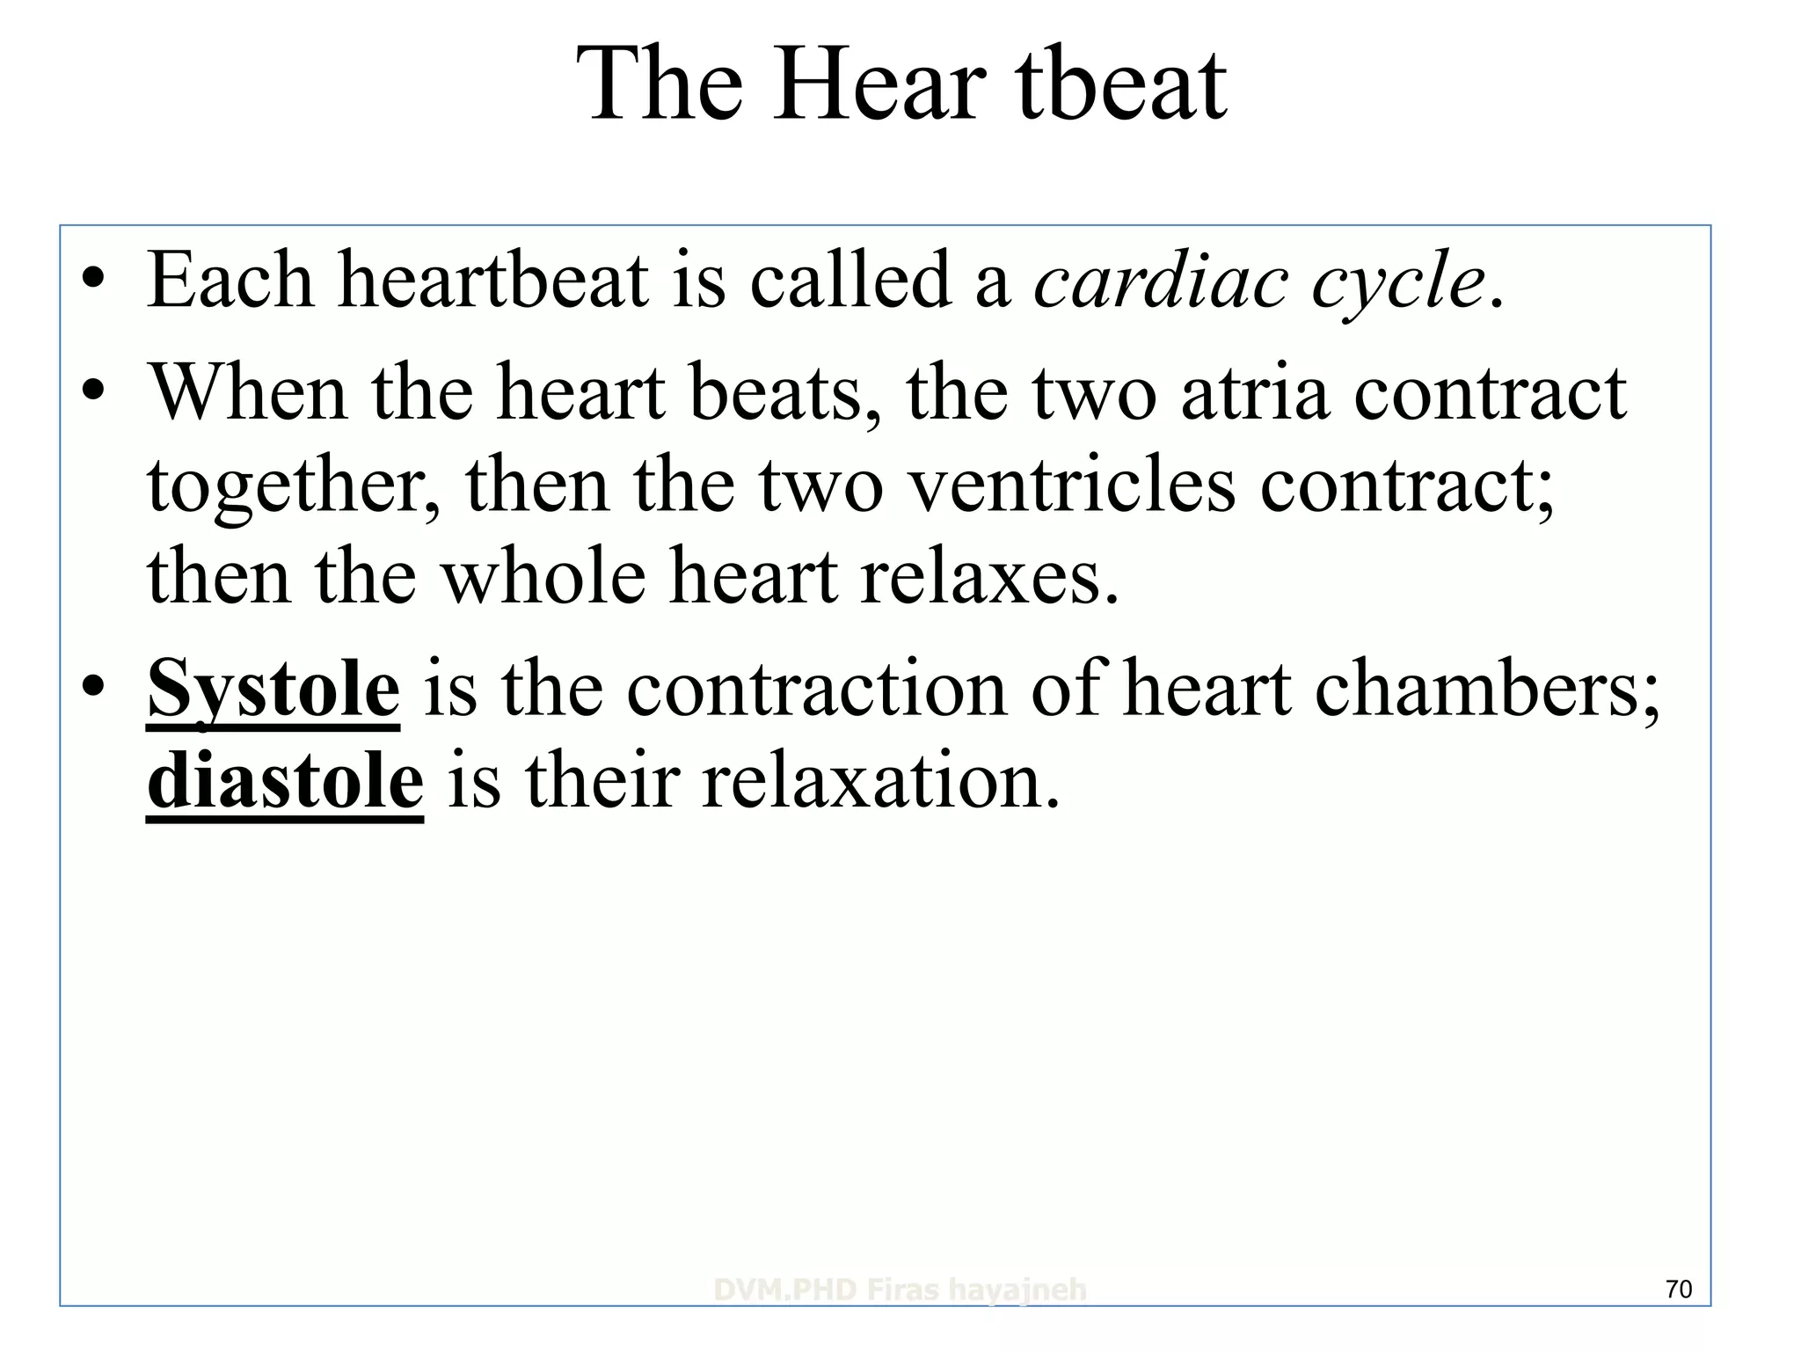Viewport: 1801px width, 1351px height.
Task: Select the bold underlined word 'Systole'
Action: [x=273, y=690]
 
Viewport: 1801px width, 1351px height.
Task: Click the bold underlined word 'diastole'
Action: [x=285, y=781]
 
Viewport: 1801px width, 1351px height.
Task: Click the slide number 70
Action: [x=1679, y=1289]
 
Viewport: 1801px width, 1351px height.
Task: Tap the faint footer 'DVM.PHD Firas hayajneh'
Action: [x=900, y=1290]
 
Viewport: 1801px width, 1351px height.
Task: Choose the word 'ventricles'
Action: [x=1071, y=486]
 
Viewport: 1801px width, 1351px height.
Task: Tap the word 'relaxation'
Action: [x=879, y=781]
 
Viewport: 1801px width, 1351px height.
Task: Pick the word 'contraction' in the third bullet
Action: [x=816, y=690]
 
